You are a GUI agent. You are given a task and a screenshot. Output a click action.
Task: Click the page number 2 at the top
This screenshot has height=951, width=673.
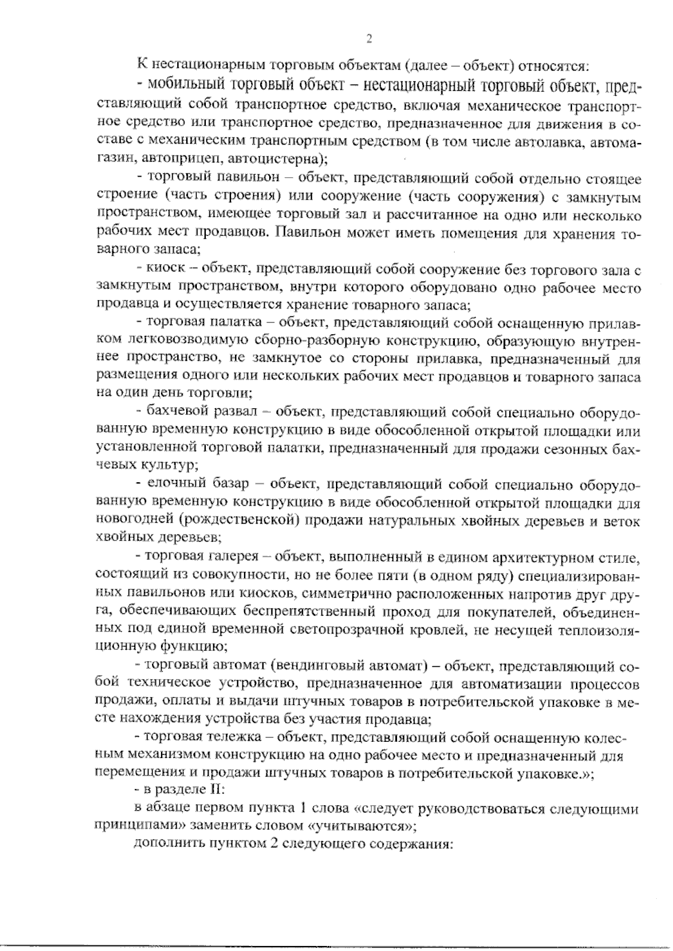click(x=369, y=39)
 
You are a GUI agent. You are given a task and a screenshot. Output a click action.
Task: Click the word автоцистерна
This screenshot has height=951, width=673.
click(x=274, y=159)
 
